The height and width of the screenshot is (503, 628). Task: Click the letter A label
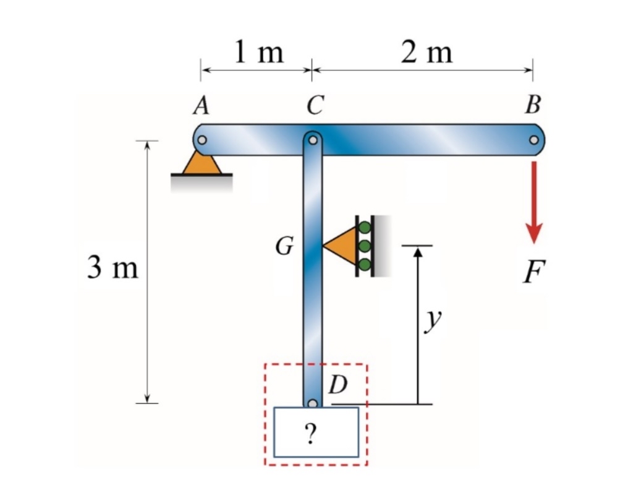[200, 106]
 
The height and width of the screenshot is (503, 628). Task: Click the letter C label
[313, 106]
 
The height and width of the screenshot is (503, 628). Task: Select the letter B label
[532, 106]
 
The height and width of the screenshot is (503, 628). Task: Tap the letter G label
[284, 247]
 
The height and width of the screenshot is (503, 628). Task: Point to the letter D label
[337, 385]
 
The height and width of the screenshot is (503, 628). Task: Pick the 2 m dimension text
[426, 53]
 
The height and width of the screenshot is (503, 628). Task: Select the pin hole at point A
[202, 140]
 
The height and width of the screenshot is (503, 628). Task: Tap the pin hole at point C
[313, 140]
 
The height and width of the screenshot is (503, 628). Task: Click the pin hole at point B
[533, 140]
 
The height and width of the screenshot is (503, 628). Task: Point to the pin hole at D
[313, 404]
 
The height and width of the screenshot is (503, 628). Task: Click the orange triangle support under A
[202, 163]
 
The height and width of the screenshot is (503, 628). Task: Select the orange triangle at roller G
[342, 246]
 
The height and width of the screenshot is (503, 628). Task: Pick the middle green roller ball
[365, 246]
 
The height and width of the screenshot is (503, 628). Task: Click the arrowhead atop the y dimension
[418, 251]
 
